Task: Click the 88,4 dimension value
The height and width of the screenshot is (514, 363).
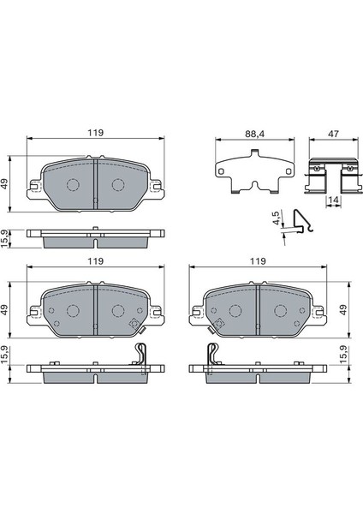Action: tap(255, 134)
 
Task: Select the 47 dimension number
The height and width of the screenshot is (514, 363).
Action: tap(334, 134)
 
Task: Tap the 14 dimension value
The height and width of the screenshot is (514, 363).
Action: tap(334, 200)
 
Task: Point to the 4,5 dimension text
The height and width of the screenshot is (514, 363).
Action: tap(277, 218)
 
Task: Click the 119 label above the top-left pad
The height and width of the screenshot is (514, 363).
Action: tap(95, 133)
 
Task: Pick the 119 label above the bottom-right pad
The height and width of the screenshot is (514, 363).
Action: tap(258, 261)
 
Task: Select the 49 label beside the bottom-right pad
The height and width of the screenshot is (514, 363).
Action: tap(343, 309)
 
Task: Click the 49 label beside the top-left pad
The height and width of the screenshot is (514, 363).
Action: tap(5, 184)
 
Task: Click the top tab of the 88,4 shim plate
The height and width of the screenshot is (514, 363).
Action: tap(254, 153)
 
